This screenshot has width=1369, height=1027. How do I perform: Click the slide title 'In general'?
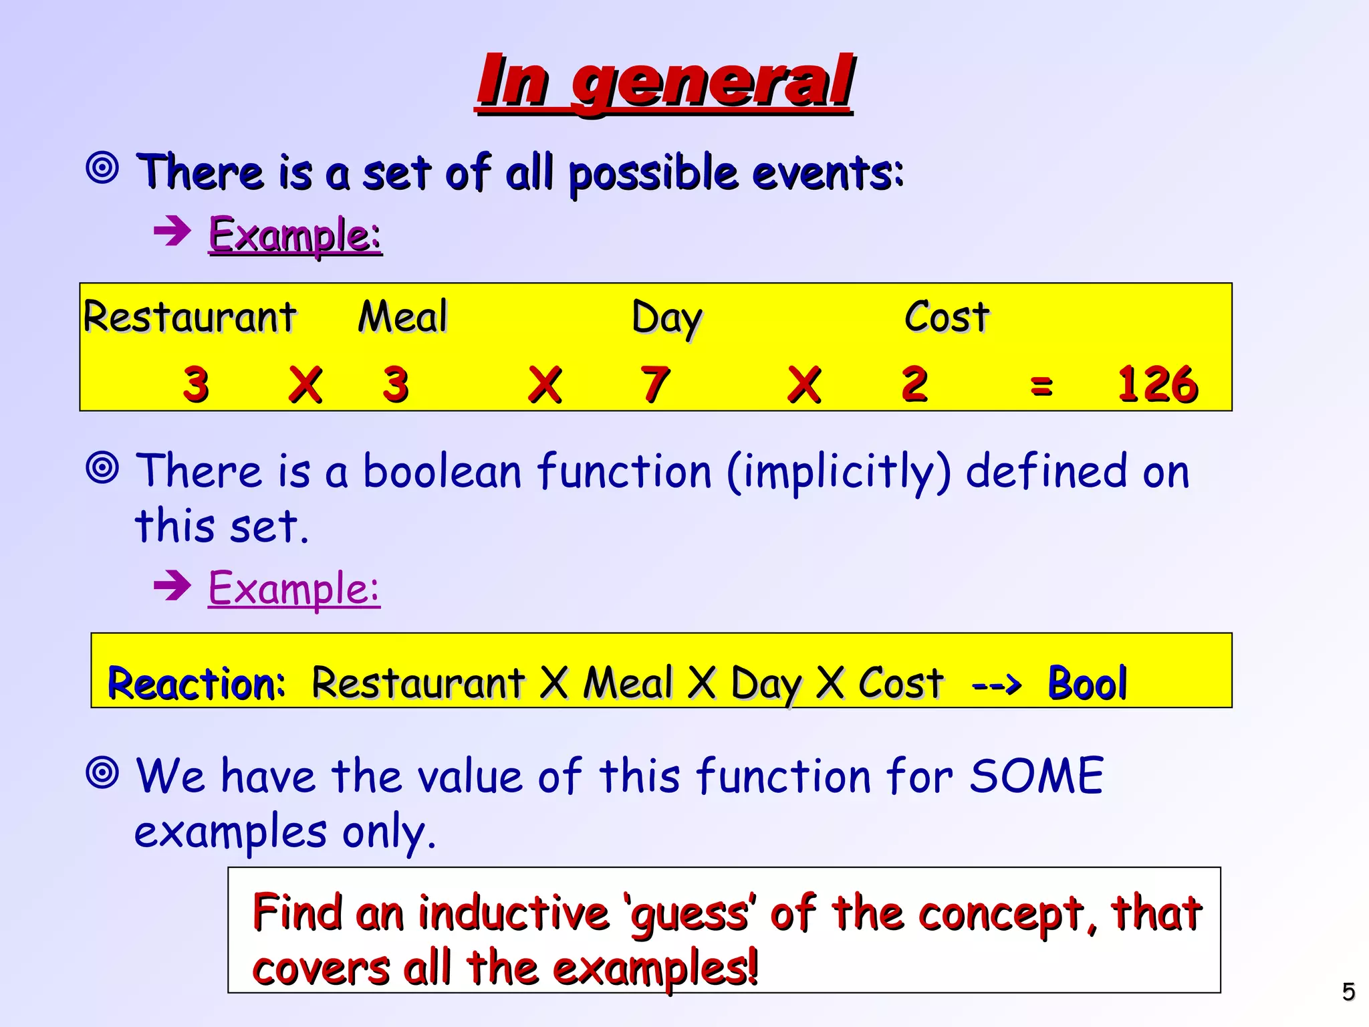click(x=665, y=82)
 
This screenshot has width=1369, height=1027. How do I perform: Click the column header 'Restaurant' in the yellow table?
click(x=190, y=316)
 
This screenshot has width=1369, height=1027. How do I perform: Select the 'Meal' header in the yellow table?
click(x=402, y=316)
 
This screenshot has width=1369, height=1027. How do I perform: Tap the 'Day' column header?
click(x=666, y=318)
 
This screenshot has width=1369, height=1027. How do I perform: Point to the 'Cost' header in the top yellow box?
click(x=947, y=316)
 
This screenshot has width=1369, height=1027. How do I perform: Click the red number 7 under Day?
click(x=655, y=384)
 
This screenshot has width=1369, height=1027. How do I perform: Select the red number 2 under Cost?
click(x=914, y=384)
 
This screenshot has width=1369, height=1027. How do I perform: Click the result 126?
click(x=1158, y=384)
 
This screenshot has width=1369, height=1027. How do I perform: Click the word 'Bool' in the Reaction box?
click(x=1088, y=683)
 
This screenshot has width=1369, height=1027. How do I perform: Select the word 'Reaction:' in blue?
click(x=197, y=684)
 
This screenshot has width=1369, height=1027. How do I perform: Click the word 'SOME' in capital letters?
click(x=1036, y=776)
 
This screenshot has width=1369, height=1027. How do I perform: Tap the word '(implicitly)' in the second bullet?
click(x=838, y=472)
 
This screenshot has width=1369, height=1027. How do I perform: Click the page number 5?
click(x=1348, y=992)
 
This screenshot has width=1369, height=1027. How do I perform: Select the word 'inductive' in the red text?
click(x=513, y=913)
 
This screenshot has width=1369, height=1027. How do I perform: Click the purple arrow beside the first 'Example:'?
click(x=172, y=232)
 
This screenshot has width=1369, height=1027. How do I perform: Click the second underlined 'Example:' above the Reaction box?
click(x=294, y=588)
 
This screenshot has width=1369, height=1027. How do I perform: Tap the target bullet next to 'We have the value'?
click(x=102, y=774)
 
